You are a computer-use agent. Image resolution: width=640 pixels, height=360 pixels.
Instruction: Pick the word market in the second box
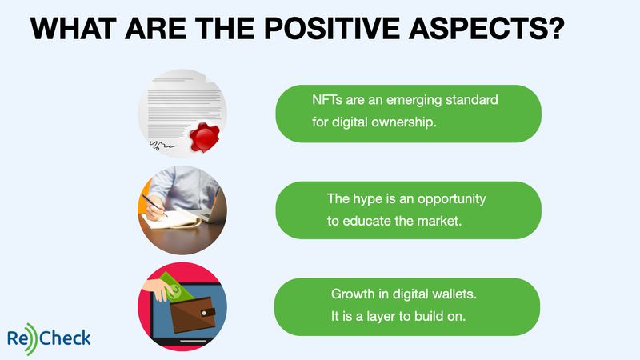[442, 221]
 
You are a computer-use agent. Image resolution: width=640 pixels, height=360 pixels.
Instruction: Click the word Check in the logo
[65, 338]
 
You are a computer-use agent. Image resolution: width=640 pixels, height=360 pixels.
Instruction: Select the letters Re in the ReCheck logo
[18, 338]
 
